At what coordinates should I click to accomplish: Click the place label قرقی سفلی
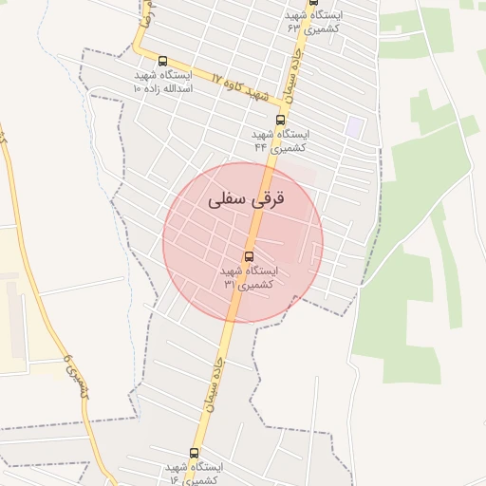243,200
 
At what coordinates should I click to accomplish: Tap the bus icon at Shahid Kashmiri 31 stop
250,256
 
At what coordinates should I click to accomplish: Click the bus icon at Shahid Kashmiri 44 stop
280,120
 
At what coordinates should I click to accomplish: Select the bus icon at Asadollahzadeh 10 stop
162,61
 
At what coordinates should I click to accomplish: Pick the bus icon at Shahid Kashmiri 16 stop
195,454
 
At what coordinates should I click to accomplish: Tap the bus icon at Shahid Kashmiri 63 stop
314,3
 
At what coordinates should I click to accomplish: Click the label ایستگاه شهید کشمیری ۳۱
249,277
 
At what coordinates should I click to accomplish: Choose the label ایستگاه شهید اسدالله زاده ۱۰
162,81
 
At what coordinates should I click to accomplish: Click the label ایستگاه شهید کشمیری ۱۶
195,474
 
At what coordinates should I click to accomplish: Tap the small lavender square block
354,125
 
